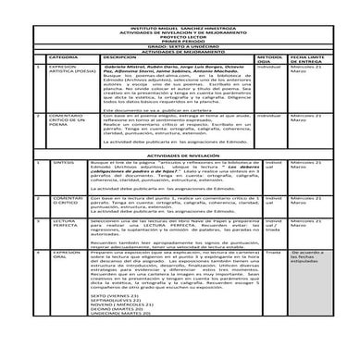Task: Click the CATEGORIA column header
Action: tap(66, 56)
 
